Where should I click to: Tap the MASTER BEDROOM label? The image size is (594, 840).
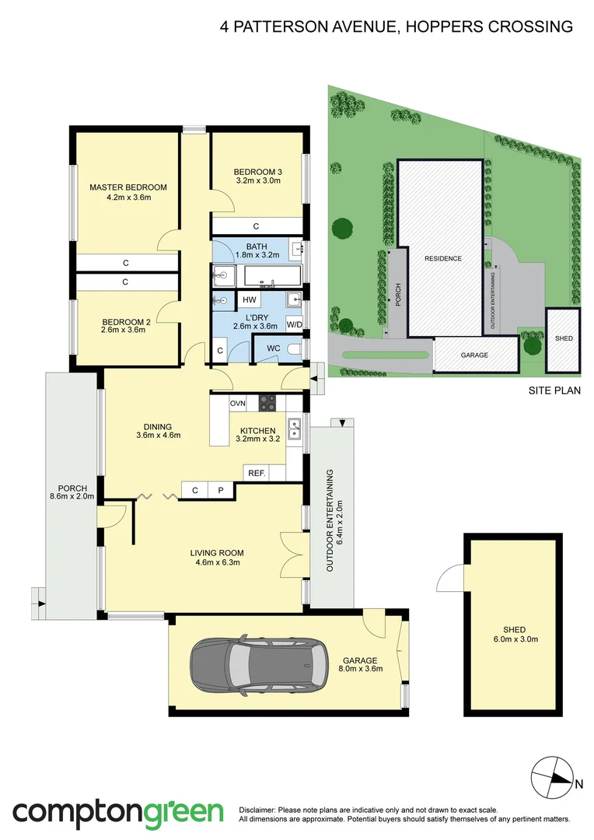coord(128,187)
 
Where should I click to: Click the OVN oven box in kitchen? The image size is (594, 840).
coord(238,402)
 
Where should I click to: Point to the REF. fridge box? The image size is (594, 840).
coord(256,473)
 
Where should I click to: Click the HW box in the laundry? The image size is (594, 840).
coord(250,300)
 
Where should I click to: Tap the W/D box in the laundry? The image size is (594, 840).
coord(294,324)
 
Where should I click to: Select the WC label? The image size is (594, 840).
coord(274,348)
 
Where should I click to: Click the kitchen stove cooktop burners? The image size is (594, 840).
coord(267,402)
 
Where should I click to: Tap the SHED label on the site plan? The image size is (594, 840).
coord(561,339)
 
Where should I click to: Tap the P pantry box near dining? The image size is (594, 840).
coord(220,490)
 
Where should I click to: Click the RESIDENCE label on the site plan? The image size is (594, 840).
coord(442,258)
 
